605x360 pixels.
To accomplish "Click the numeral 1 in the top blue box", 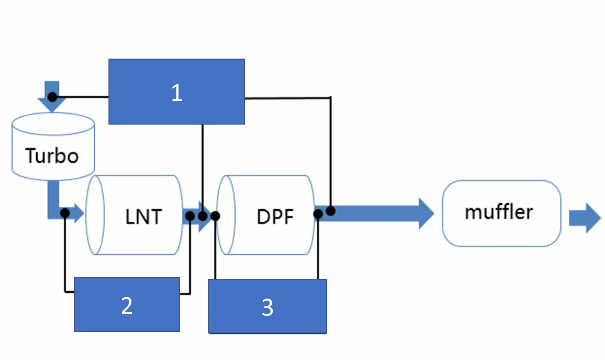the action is tap(177, 93).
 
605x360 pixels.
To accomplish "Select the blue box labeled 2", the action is tap(127, 305).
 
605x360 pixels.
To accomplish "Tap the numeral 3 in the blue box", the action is tap(267, 308).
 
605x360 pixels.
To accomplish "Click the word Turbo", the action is tap(52, 156).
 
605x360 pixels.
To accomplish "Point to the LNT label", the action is tap(144, 217).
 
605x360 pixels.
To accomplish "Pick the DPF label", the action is tap(275, 217).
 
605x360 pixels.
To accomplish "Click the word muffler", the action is tap(499, 212).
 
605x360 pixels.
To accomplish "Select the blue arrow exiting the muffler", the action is tap(585, 218).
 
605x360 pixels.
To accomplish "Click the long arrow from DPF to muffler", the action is tap(374, 213).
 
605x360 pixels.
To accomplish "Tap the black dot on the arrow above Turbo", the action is tap(52, 97).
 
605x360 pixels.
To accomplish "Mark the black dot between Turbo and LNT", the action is tap(65, 213).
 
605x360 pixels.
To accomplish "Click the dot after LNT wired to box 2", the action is tap(190, 216).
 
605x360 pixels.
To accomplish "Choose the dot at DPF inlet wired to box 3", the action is tap(215, 216).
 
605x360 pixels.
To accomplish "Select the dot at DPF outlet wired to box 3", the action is tap(318, 214).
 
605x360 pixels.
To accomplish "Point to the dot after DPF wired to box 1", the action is tap(330, 211).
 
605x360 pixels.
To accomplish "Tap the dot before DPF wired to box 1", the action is tap(203, 216).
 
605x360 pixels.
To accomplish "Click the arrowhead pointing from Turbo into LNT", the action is tap(79, 213).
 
